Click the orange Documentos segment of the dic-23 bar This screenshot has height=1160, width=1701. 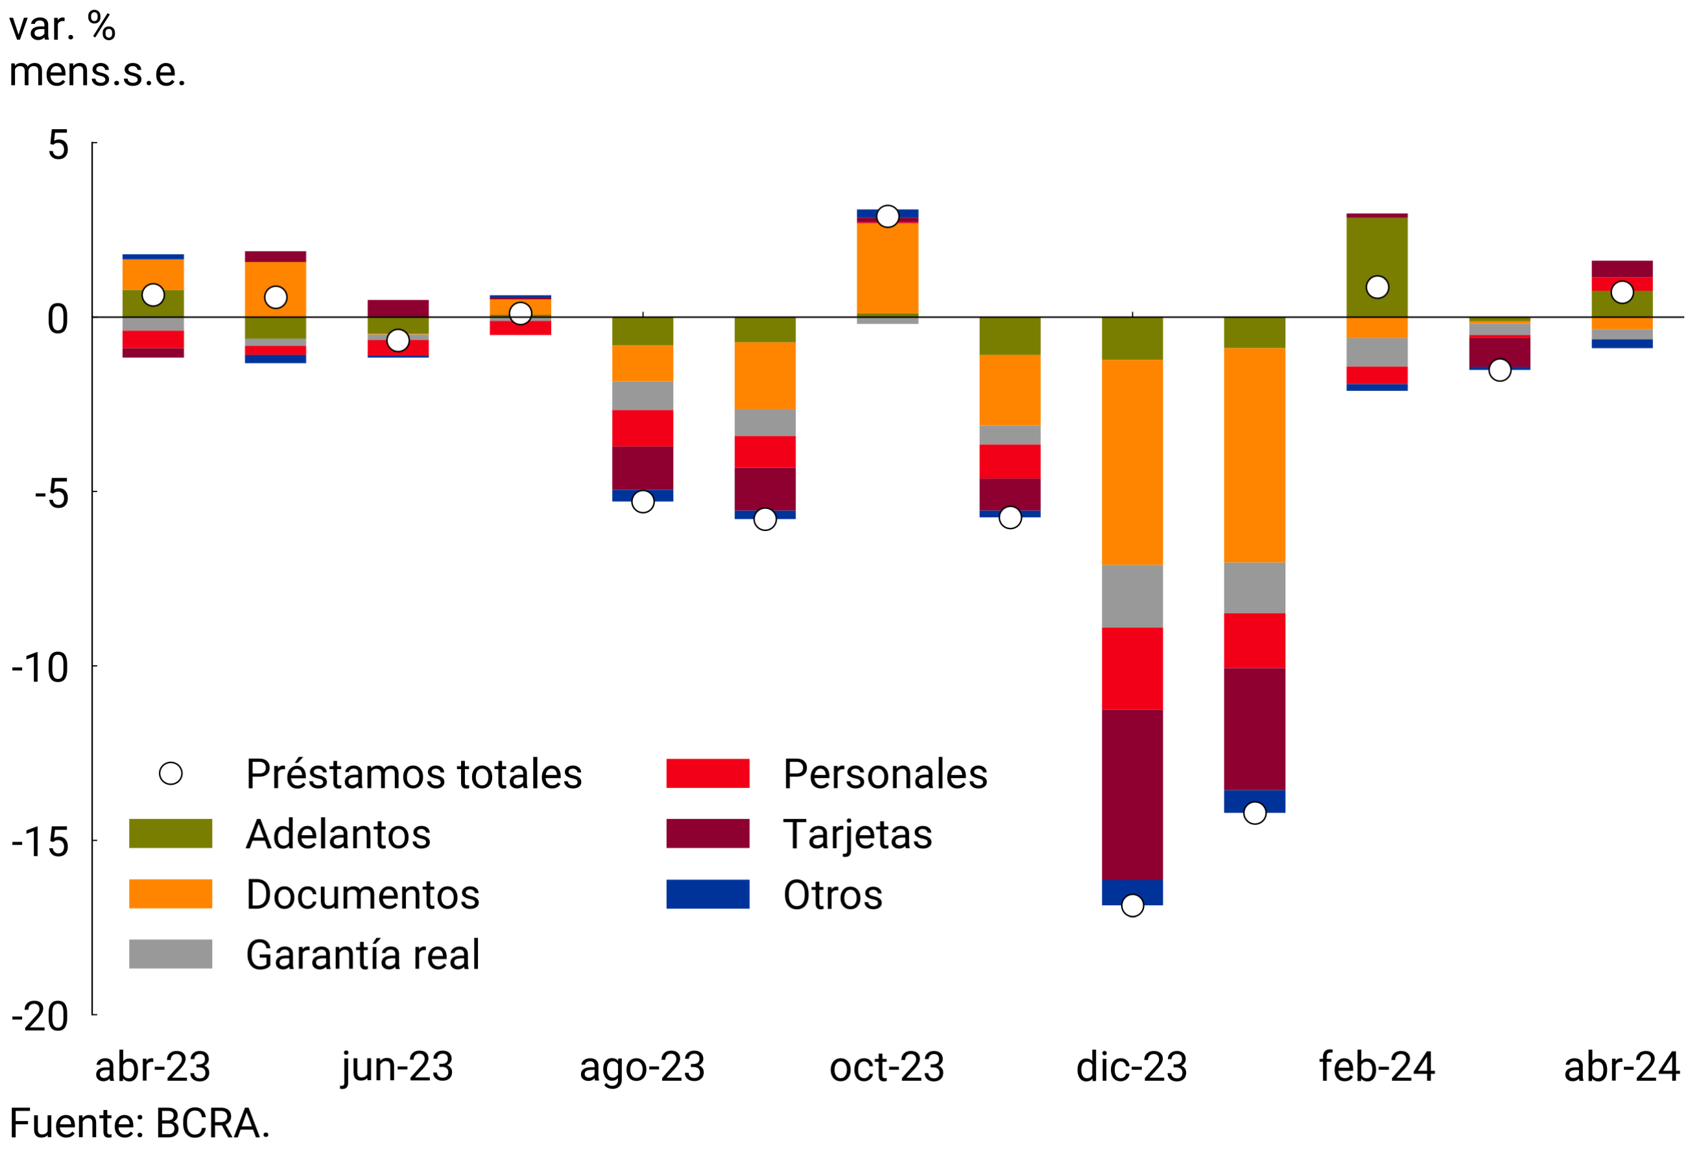click(1132, 462)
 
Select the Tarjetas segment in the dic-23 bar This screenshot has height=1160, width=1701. click(1132, 795)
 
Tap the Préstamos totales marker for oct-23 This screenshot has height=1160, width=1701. click(887, 217)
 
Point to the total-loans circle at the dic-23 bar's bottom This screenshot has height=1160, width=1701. click(1132, 906)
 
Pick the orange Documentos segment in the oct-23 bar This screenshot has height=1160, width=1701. click(887, 268)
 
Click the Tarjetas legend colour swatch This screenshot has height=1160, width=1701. click(707, 834)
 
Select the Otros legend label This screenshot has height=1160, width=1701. click(832, 895)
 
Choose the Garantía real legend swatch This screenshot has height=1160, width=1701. click(171, 954)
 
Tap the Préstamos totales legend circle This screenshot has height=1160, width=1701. click(171, 774)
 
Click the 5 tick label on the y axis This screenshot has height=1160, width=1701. click(58, 144)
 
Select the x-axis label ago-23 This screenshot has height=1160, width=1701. click(642, 1067)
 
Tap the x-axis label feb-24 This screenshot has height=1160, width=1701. click(1376, 1067)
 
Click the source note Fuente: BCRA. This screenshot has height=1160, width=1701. click(139, 1124)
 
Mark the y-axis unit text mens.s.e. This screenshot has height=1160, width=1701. click(97, 73)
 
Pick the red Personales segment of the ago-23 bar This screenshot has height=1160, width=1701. click(642, 429)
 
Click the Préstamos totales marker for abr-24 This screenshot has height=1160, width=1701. click(1622, 292)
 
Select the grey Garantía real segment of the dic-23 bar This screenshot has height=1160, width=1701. click(1132, 597)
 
